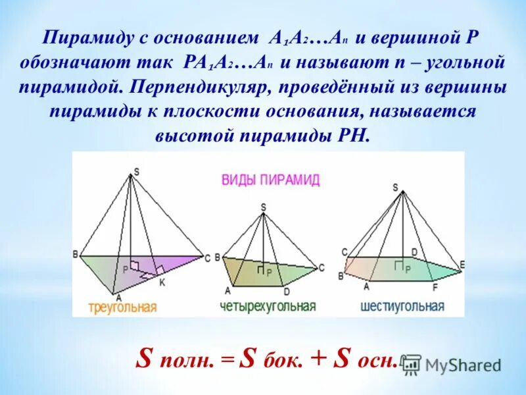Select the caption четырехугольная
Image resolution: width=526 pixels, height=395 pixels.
tap(268, 306)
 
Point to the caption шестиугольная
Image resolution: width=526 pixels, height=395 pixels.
tap(402, 306)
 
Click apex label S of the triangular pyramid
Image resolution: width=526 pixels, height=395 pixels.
tap(136, 172)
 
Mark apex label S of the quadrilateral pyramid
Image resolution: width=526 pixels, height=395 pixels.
tap(263, 207)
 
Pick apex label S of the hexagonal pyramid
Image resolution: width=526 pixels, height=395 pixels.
tap(395, 187)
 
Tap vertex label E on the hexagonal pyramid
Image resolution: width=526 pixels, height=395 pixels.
tap(462, 265)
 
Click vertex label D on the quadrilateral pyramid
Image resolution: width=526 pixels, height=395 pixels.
tap(287, 291)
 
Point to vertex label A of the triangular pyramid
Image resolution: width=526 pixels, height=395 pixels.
tap(114, 297)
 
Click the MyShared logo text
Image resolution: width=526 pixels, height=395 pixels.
tap(463, 364)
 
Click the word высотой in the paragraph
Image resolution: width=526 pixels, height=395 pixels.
tap(190, 136)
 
